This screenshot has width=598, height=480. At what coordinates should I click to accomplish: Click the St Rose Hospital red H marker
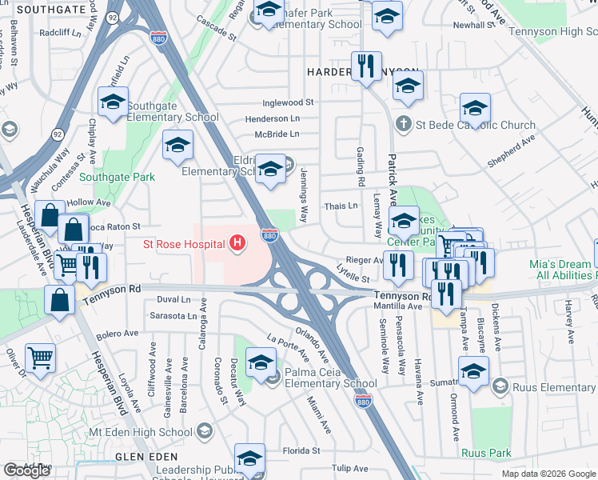click(237, 242)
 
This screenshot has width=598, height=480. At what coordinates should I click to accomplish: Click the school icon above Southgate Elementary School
click(114, 102)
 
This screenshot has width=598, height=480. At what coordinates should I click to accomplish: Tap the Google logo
click(27, 470)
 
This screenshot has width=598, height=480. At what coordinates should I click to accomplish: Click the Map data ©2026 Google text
click(548, 474)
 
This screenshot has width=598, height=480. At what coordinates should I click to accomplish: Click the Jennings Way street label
click(304, 195)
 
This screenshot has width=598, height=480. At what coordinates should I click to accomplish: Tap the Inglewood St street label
click(289, 103)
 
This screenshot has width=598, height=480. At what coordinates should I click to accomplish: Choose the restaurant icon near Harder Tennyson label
click(366, 66)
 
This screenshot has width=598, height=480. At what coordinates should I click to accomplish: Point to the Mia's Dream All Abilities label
click(563, 270)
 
